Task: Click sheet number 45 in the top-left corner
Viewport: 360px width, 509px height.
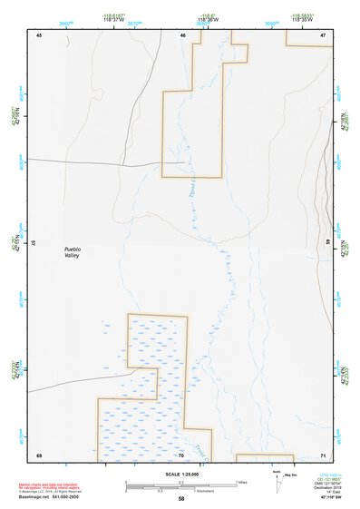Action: [x=39, y=34]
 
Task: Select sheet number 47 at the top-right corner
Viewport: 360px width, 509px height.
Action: [x=323, y=34]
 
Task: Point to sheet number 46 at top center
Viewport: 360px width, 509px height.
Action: [x=182, y=35]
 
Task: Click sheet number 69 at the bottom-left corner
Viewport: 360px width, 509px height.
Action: [x=39, y=455]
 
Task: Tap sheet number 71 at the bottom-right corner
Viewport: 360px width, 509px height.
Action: [x=323, y=455]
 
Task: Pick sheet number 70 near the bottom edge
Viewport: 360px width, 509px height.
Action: [x=180, y=455]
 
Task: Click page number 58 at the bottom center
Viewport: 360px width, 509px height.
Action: [x=181, y=499]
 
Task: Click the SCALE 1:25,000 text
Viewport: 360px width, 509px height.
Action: [x=180, y=475]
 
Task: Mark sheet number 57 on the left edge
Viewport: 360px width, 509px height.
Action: [x=34, y=243]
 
